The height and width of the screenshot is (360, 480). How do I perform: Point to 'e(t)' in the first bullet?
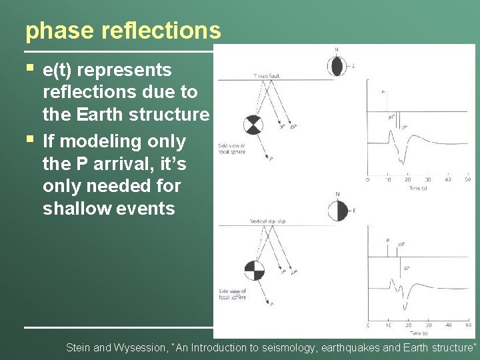pos(59,70)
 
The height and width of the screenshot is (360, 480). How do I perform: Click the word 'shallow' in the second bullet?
pos(77,209)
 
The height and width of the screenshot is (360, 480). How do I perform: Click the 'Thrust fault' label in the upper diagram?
pos(266,76)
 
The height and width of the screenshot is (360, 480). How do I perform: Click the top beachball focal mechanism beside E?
pos(336,67)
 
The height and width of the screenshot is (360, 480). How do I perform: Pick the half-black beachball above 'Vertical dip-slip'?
pos(337,211)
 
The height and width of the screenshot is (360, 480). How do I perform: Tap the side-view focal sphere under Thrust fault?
pos(253,125)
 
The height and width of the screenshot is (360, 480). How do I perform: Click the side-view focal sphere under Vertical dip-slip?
pos(254,270)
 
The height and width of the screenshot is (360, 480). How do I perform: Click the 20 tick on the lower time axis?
pos(407,325)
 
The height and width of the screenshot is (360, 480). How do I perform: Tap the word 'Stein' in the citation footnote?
pos(81,347)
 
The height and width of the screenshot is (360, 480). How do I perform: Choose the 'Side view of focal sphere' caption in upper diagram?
pos(232,148)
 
